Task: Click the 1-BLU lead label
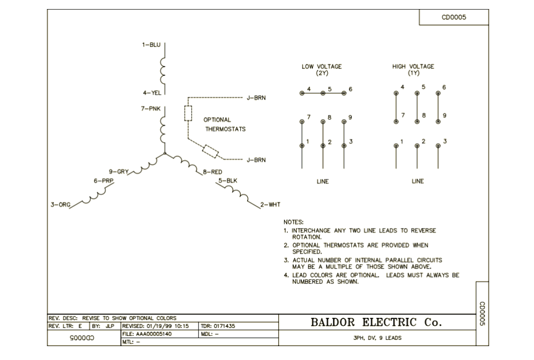click(x=151, y=45)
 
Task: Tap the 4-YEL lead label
click(x=152, y=92)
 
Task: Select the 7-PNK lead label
click(x=151, y=108)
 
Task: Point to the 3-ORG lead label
click(x=61, y=205)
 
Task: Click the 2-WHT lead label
click(x=270, y=205)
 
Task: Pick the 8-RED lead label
click(x=213, y=172)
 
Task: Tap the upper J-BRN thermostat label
click(x=256, y=98)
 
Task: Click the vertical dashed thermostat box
click(x=188, y=113)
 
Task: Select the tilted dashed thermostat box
click(x=210, y=152)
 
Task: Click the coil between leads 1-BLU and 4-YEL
click(x=162, y=71)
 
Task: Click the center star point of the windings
click(x=165, y=153)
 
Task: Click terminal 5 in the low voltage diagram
click(x=323, y=93)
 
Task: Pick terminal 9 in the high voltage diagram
click(x=438, y=122)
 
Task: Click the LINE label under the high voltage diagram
click(x=418, y=181)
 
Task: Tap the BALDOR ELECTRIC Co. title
click(x=376, y=322)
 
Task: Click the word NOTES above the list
click(x=294, y=222)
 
